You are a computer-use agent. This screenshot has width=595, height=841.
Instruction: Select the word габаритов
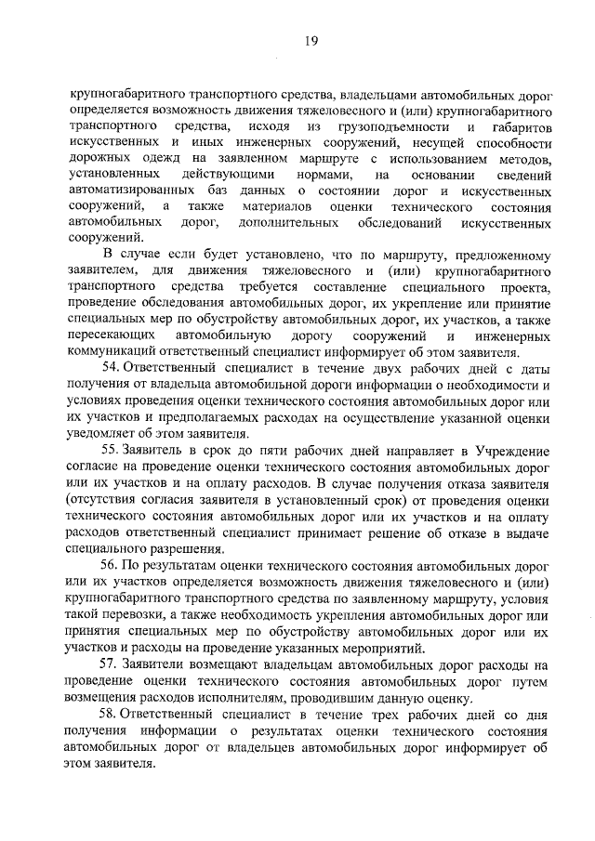point(517,125)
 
